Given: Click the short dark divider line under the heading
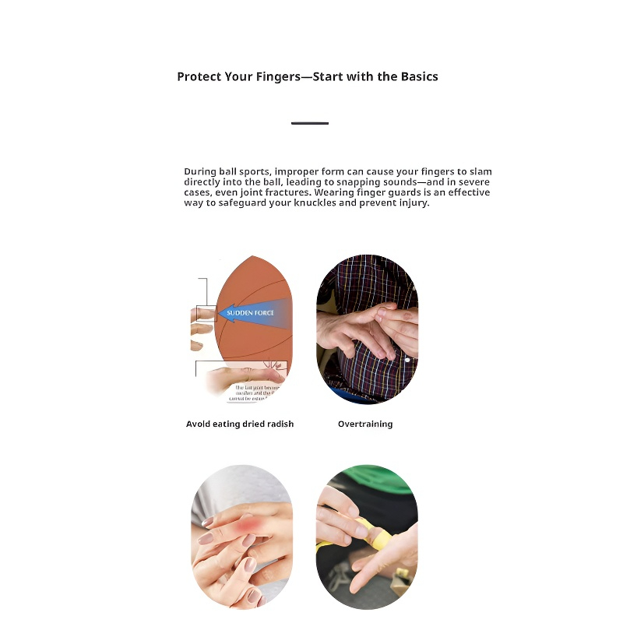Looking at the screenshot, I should pyautogui.click(x=310, y=123).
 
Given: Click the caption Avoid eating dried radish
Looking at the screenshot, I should pyautogui.click(x=240, y=424).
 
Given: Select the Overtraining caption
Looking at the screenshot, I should pyautogui.click(x=365, y=424).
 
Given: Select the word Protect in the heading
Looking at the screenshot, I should pyautogui.click(x=198, y=77).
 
